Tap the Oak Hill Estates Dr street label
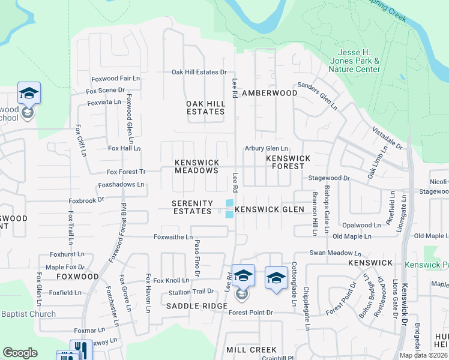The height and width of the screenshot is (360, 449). coord(199,72)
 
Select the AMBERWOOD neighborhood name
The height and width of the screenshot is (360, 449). coord(270,93)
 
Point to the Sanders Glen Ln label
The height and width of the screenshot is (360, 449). coord(318,94)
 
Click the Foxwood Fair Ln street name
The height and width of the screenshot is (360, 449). coord(115,79)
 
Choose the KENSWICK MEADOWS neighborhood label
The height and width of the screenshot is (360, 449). coord(196,167)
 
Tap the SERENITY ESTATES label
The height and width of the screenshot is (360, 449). coord(192,207)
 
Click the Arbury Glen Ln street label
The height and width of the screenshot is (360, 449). coord(267,148)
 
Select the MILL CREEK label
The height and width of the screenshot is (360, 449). coord(252,349)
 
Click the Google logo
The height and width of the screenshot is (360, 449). coord(20,353)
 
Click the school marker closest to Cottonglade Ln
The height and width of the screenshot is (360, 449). coord(276,278)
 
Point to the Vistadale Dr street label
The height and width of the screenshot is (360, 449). coord(388,137)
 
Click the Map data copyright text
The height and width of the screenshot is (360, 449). coord(423,355)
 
